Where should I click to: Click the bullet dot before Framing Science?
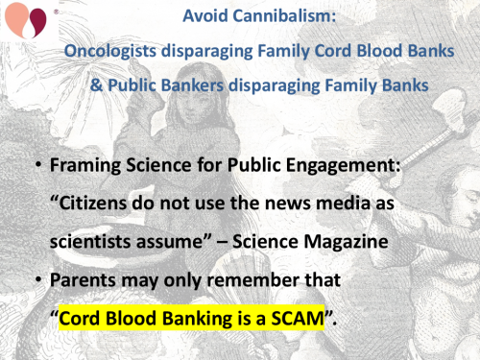36,165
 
